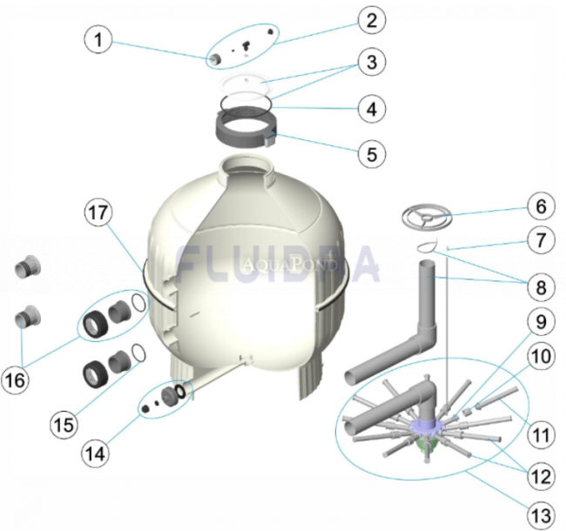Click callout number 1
[98, 39]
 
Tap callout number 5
[372, 154]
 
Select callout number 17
[98, 212]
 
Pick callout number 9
[541, 322]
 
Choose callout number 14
[96, 454]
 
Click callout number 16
[15, 380]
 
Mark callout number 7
[541, 240]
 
